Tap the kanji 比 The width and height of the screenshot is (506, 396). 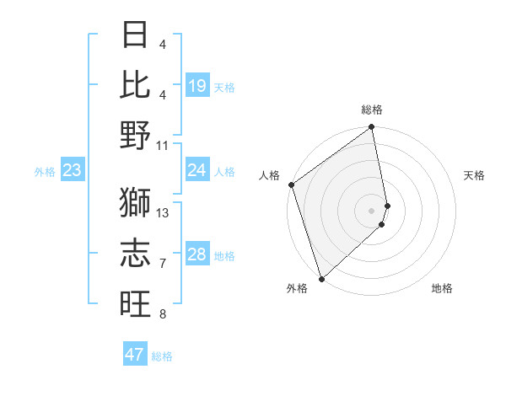click(135, 84)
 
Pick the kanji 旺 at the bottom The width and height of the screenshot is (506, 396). click(135, 302)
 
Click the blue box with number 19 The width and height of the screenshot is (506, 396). click(197, 86)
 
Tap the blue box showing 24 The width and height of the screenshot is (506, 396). click(197, 171)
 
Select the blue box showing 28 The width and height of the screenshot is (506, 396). click(197, 255)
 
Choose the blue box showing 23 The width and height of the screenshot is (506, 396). click(73, 171)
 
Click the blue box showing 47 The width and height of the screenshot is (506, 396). click(135, 355)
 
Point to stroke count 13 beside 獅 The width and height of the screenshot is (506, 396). click(164, 213)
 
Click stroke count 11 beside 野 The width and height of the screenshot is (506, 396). click(164, 145)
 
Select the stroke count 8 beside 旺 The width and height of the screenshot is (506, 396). click(163, 315)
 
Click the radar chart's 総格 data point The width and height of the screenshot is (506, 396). click(371, 128)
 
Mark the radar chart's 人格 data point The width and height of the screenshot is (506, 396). click(291, 185)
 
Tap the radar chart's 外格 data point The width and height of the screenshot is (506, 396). click(321, 278)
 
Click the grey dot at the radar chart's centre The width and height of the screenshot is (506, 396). click(371, 210)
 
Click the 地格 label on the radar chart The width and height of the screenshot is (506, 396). click(442, 288)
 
